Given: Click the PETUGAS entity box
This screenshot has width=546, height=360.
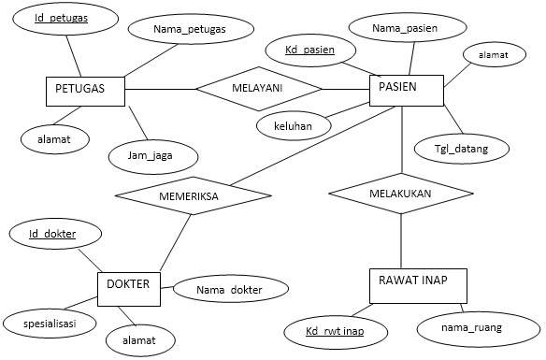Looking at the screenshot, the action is [85, 90].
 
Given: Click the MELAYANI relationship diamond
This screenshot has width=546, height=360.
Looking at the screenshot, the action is [258, 90].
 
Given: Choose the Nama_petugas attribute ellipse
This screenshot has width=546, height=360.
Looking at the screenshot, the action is [190, 29].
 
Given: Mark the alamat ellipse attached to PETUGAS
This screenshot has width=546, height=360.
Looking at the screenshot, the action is [43, 139].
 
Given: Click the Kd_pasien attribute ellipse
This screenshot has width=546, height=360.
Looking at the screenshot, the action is [309, 49].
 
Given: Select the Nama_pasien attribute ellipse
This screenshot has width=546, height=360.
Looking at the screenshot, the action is [405, 30].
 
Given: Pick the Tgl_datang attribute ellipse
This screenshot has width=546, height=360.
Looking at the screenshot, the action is [473, 147].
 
